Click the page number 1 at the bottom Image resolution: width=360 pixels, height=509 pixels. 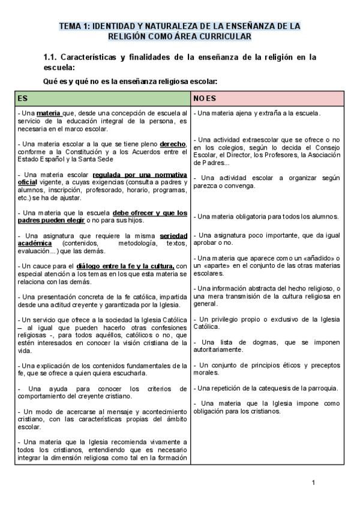click(313, 483)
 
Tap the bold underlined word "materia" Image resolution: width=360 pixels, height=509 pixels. click(48, 113)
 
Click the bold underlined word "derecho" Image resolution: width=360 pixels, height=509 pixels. click(173, 144)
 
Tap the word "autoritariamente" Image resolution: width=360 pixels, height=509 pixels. click(218, 349)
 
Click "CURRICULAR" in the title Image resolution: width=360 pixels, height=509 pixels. click(214, 37)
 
